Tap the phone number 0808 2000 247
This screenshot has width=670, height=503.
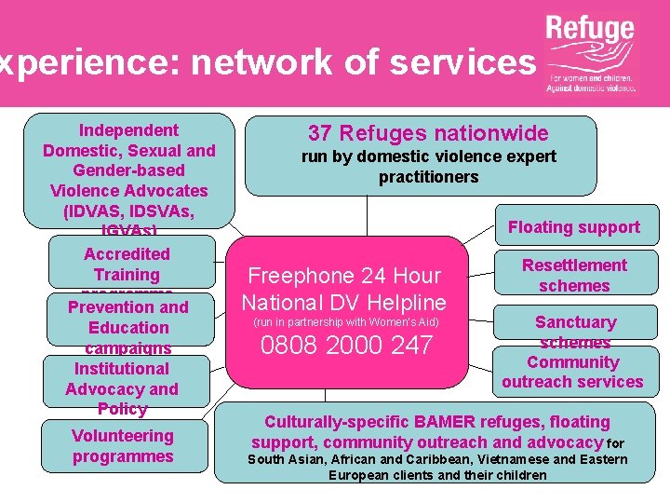click(346, 346)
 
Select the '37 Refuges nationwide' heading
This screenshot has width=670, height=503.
click(428, 133)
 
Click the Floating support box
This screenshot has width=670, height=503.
click(573, 226)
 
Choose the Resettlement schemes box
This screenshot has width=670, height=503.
click(573, 275)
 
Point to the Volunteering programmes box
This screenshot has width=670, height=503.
click(123, 446)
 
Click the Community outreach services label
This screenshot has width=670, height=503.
click(572, 372)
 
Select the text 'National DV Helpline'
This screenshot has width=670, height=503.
click(344, 302)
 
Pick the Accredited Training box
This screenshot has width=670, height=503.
click(127, 265)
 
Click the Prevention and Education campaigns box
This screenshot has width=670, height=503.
click(128, 327)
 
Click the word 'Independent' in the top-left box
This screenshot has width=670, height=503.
click(128, 129)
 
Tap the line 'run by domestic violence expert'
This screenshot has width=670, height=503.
click(428, 156)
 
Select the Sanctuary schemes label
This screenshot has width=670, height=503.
click(575, 332)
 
